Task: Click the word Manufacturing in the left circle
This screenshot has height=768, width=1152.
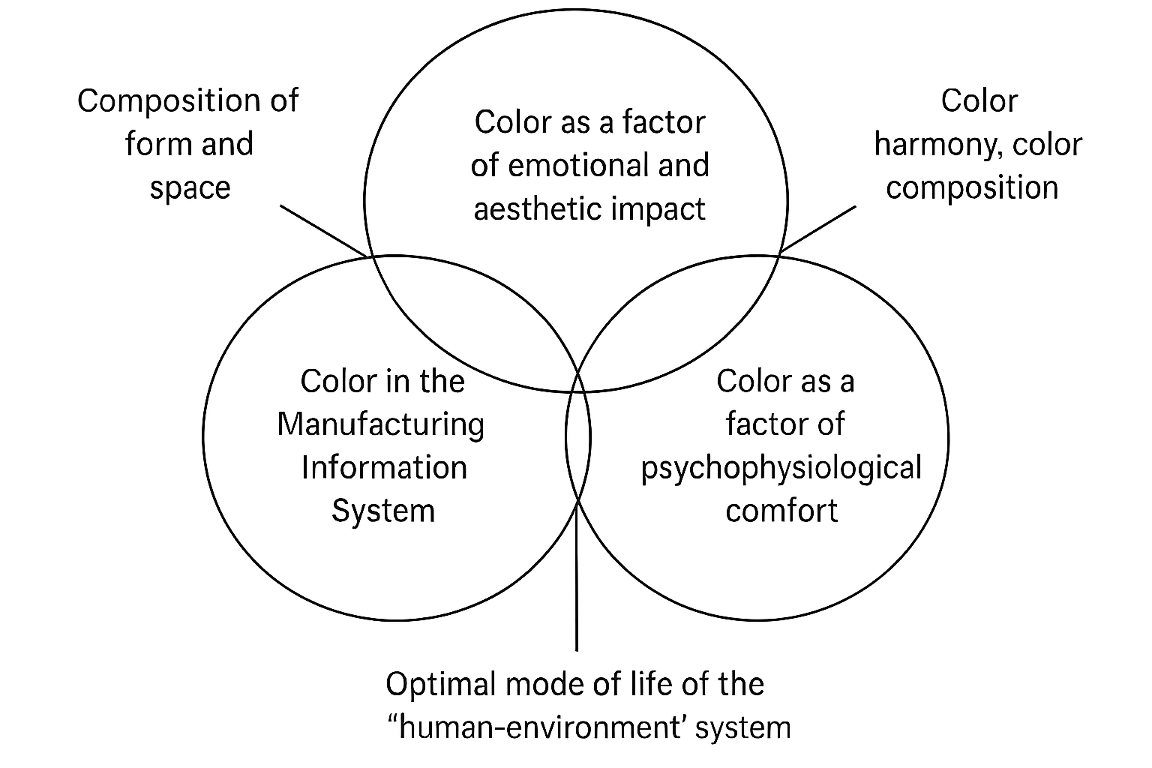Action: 381,424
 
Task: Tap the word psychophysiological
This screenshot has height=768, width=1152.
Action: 781,468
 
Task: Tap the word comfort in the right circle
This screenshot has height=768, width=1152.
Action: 781,511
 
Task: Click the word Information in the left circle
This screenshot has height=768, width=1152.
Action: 384,468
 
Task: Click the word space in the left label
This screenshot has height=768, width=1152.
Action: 190,187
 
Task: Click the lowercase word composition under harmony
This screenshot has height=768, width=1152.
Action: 972,187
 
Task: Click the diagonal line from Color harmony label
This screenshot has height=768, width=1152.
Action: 818,229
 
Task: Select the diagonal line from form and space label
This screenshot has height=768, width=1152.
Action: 322,229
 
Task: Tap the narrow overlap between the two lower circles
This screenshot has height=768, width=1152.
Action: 578,438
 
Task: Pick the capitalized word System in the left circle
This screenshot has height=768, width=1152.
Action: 383,511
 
